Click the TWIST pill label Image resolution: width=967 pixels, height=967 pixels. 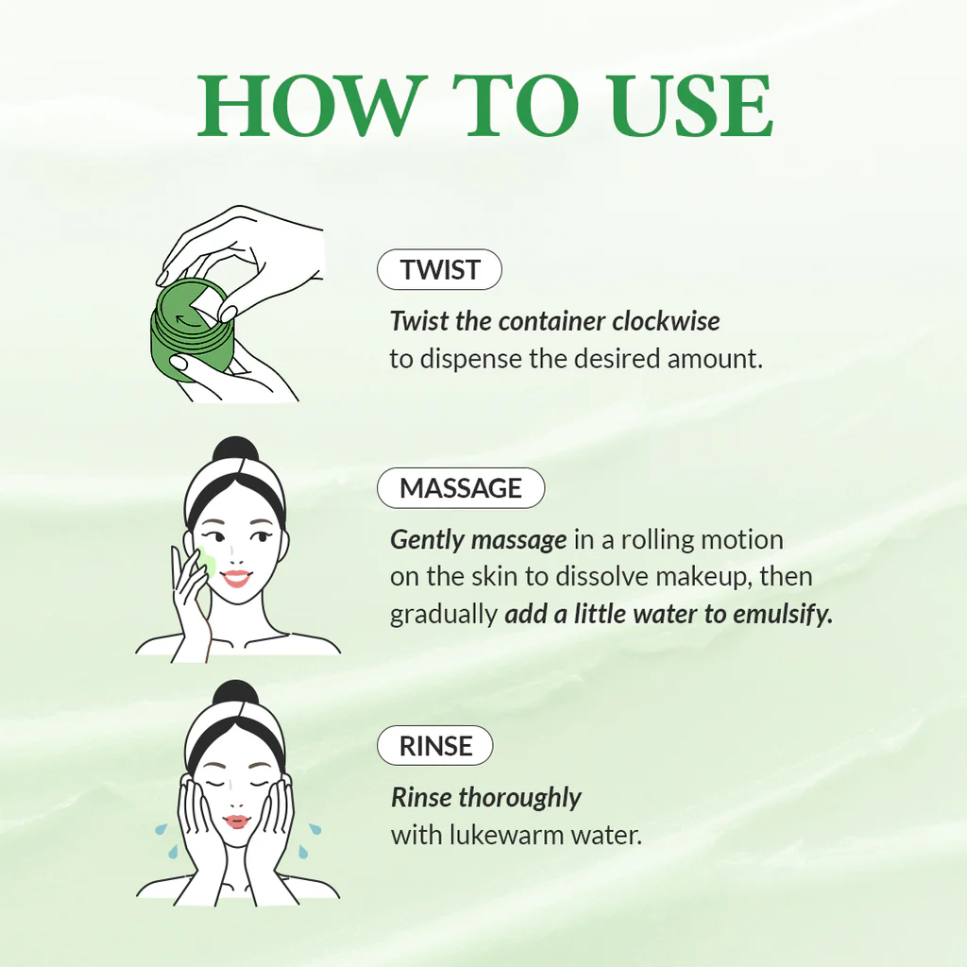(x=439, y=270)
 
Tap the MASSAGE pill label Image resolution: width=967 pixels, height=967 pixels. (x=461, y=488)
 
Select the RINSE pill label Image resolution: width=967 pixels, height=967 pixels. (x=435, y=746)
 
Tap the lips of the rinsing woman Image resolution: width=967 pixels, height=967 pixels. (x=236, y=821)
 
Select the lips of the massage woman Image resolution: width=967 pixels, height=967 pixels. (x=236, y=577)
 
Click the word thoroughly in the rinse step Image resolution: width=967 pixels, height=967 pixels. (x=519, y=798)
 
